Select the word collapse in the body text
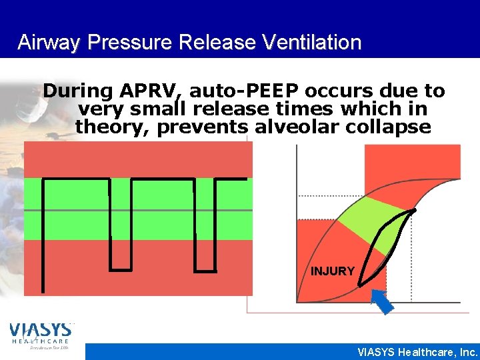coord(394,126)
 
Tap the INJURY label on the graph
coord(333,271)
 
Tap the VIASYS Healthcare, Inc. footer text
coord(417,352)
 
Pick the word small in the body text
coord(163,109)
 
